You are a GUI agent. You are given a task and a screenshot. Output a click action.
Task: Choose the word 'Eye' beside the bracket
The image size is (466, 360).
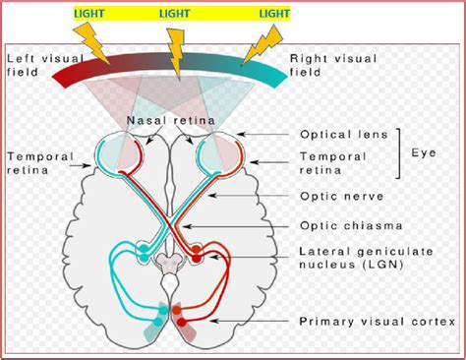(x=425, y=153)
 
